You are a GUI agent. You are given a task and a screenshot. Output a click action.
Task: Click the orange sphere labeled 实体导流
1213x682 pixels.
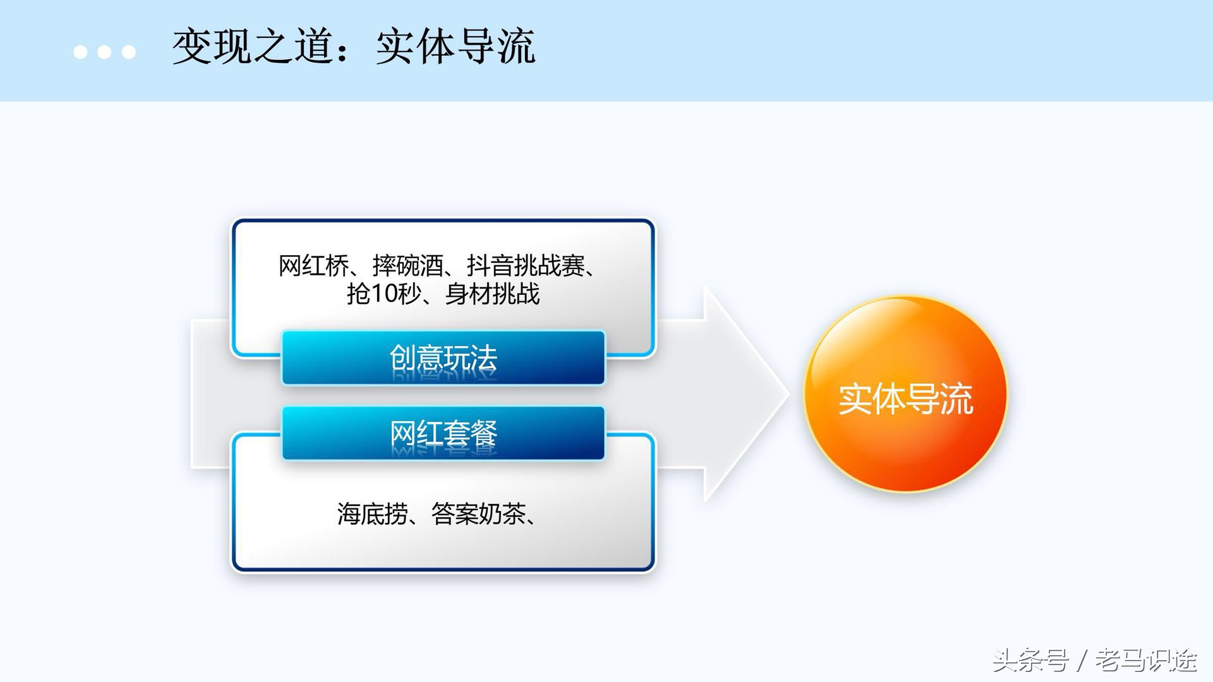point(905,395)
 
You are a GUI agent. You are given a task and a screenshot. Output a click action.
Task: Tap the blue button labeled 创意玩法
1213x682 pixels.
point(443,358)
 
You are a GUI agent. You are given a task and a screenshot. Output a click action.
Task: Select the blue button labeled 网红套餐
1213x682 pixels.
point(443,434)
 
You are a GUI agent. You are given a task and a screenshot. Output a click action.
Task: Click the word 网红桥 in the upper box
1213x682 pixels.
point(313,266)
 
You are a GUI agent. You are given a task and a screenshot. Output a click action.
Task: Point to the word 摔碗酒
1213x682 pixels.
point(408,266)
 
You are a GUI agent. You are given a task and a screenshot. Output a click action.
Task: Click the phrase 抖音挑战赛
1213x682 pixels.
point(526,266)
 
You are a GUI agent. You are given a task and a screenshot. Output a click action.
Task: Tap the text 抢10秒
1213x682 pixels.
point(383,294)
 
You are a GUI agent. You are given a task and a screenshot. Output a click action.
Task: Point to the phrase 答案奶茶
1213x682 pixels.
point(478,514)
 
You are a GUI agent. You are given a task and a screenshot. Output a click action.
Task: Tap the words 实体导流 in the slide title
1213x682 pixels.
point(456,47)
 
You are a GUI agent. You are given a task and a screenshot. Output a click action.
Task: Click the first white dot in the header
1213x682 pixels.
point(80,52)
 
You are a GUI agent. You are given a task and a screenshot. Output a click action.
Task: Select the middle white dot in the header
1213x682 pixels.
point(104,52)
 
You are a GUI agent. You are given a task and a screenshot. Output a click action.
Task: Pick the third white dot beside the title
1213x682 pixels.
point(128,52)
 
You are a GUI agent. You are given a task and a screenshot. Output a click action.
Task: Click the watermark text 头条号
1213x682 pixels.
point(1030,661)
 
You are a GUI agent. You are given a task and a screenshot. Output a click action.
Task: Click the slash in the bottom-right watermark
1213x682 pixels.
point(1082,661)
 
